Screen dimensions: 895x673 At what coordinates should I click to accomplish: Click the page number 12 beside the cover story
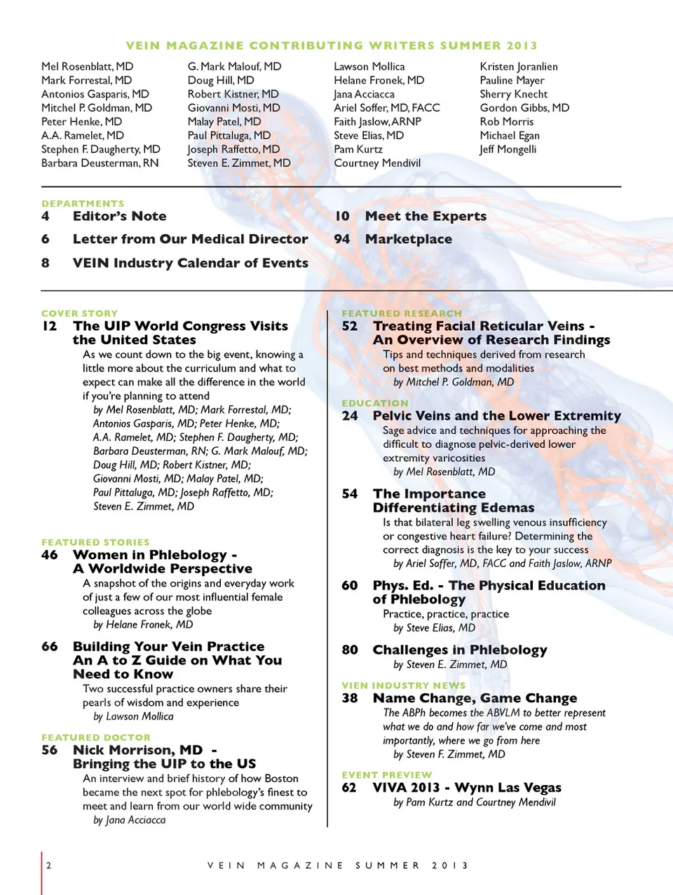[x=49, y=326]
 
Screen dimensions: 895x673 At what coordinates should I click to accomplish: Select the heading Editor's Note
[x=119, y=217]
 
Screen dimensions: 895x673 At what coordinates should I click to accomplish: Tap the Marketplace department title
[x=408, y=239]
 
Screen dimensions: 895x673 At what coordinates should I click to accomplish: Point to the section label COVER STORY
[x=79, y=313]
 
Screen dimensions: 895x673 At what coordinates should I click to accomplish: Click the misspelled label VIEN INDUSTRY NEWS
[x=403, y=685]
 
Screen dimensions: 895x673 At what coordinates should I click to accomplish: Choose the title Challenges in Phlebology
[x=459, y=650]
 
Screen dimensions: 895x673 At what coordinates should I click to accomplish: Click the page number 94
[x=341, y=239]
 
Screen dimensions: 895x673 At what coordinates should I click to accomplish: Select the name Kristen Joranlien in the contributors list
[x=519, y=67]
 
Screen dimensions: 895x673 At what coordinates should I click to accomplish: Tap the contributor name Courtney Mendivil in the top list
[x=377, y=163]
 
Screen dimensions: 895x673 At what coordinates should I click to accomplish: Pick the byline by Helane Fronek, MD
[x=143, y=624]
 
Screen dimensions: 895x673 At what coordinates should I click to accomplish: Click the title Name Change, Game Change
[x=475, y=698]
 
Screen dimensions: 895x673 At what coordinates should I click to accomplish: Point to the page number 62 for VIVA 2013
[x=349, y=788]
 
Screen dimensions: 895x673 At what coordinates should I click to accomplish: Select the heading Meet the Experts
[x=426, y=217]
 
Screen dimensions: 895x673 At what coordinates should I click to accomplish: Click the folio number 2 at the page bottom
[x=48, y=866]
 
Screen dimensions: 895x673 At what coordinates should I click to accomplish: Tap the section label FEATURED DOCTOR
[x=95, y=737]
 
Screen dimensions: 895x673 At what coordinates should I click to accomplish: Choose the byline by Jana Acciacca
[x=130, y=820]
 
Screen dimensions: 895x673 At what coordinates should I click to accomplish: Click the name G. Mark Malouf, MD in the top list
[x=234, y=67]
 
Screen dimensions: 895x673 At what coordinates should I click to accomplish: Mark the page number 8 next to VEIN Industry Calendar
[x=46, y=263]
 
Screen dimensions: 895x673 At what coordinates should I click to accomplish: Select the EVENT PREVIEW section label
[x=386, y=775]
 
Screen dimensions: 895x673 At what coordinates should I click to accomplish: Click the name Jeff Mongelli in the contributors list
[x=508, y=149]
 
